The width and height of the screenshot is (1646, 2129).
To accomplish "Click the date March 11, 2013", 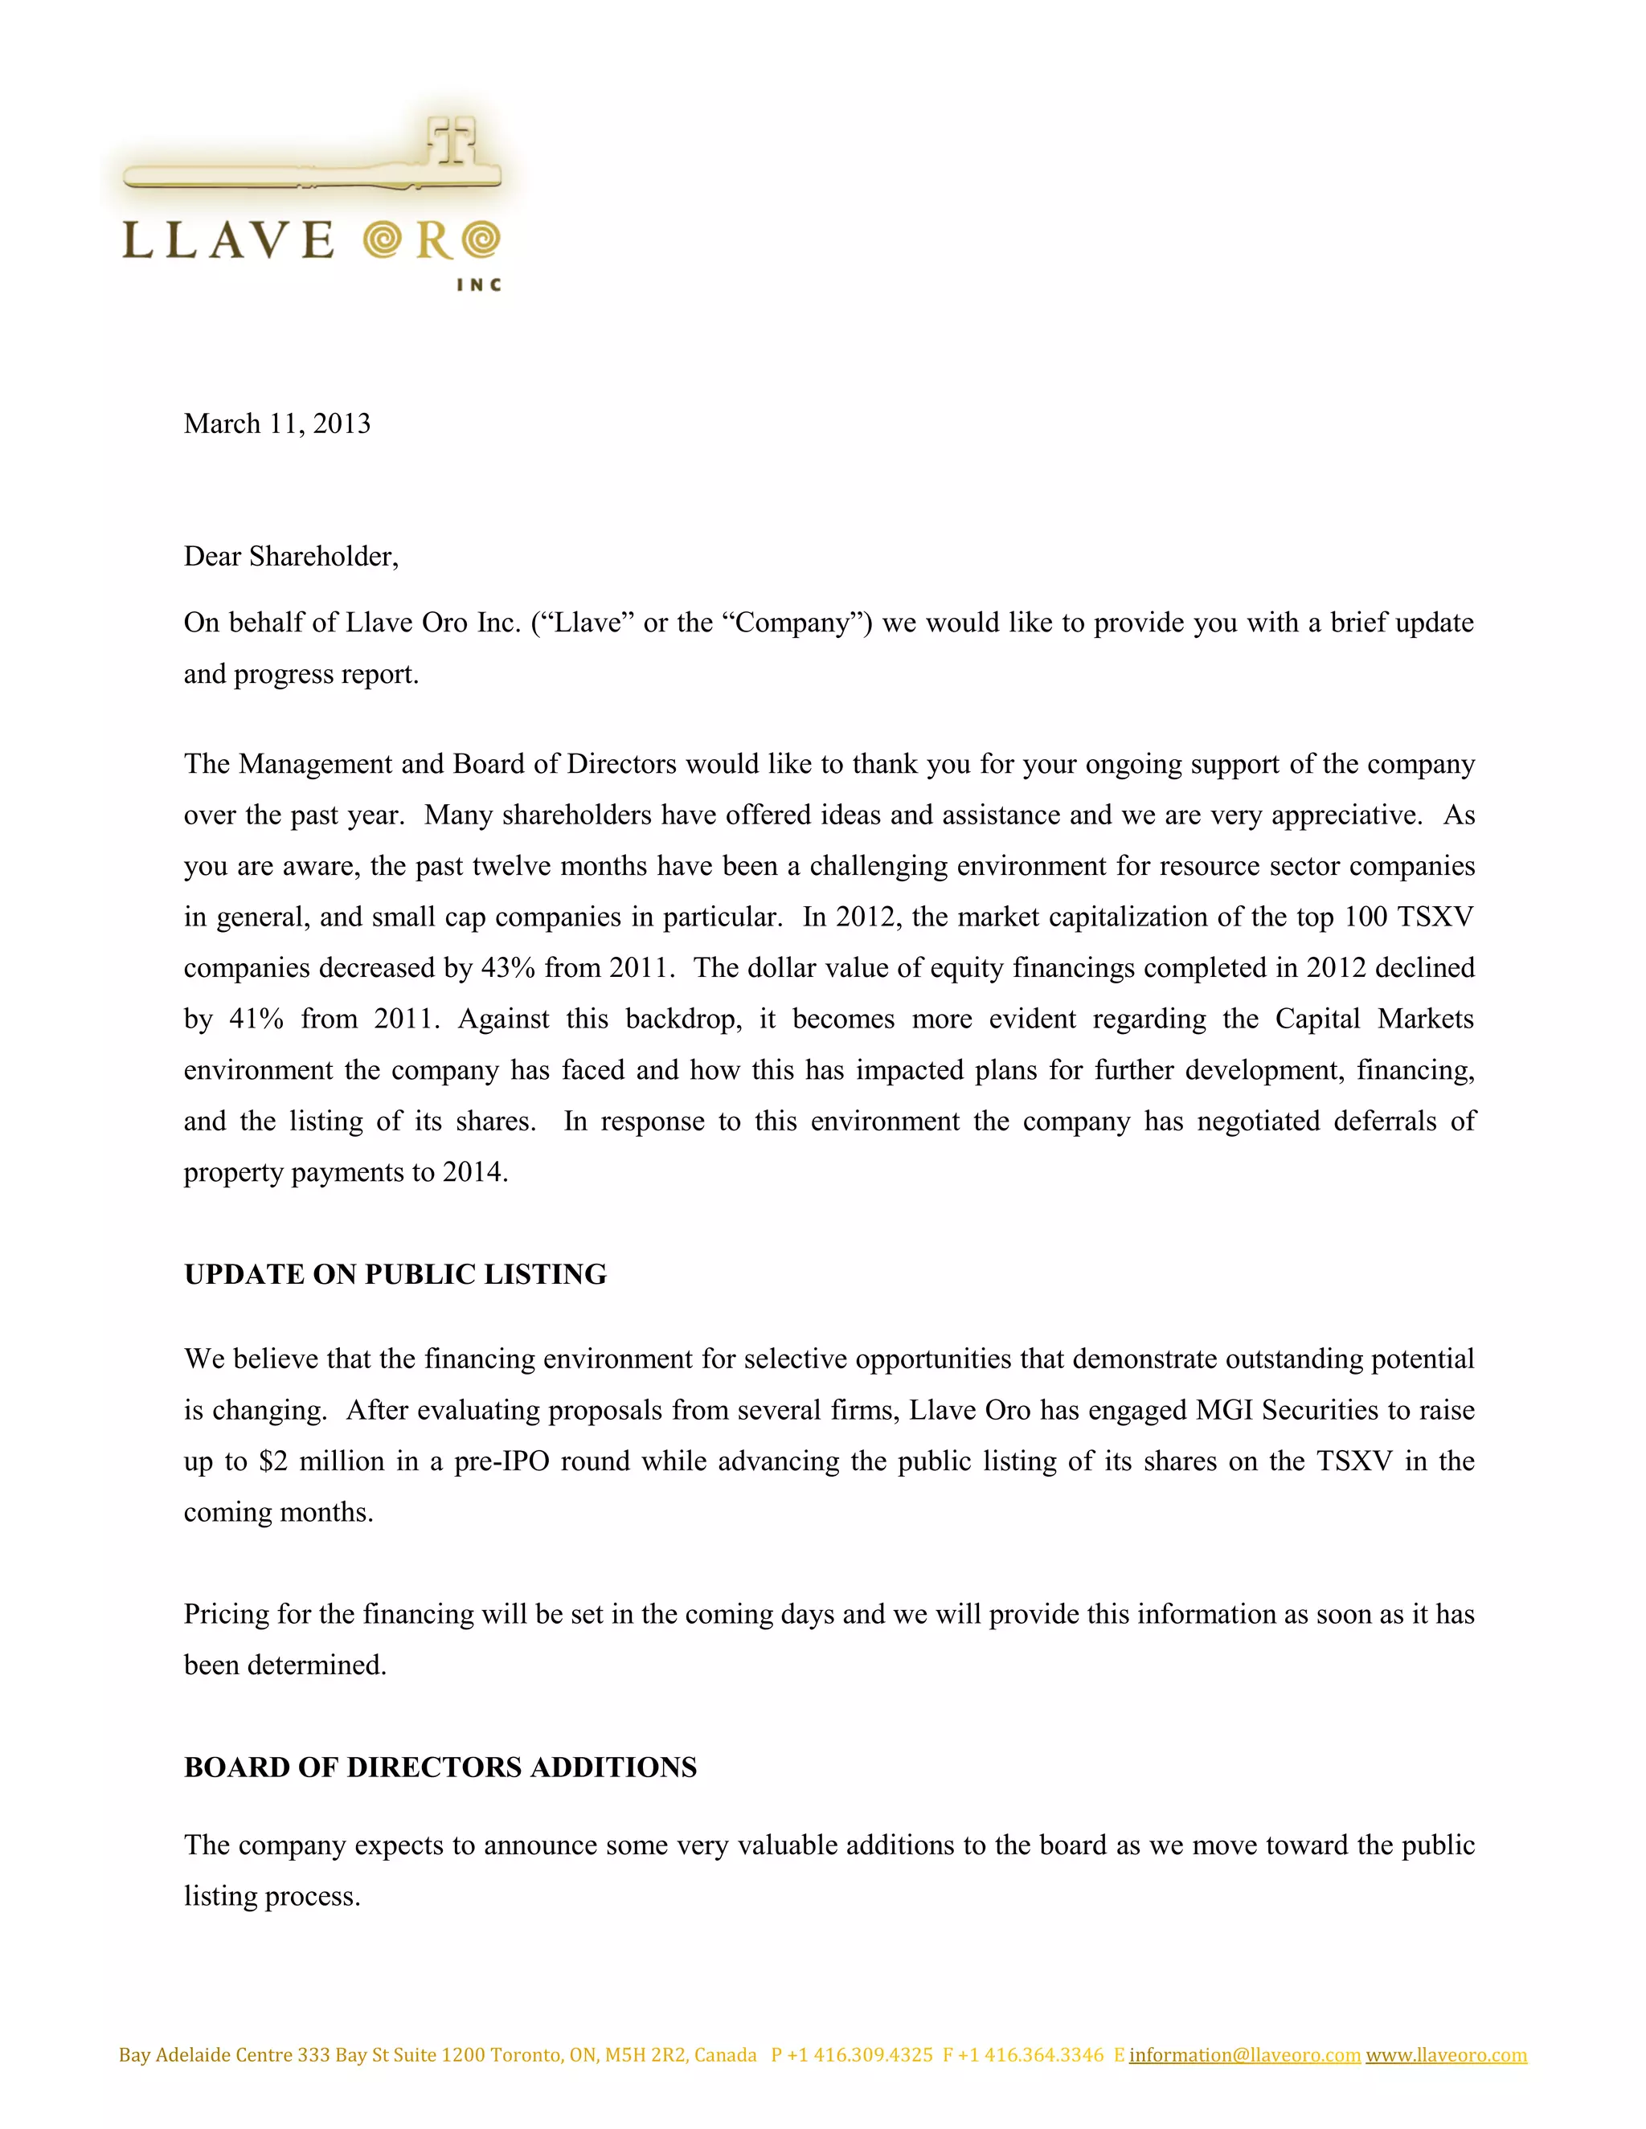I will coord(277,424).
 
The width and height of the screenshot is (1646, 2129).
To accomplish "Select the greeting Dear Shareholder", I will coord(291,557).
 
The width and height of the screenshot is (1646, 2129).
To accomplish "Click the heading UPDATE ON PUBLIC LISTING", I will coord(395,1274).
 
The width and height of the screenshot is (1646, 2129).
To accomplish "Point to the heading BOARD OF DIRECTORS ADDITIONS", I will coord(440,1767).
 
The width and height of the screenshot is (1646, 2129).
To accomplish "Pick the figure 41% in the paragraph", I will coord(256,1020).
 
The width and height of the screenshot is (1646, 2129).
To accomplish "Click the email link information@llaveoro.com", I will coord(1244,2055).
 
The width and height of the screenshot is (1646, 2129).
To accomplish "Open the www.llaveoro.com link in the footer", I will coord(1446,2055).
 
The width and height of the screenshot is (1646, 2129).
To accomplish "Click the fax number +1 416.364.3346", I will coord(1030,2055).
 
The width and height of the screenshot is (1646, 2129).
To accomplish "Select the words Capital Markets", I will coord(1374,1020).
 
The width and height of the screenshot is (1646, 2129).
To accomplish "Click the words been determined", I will coord(285,1666).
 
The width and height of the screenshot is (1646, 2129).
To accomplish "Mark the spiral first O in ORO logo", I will coord(383,239).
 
